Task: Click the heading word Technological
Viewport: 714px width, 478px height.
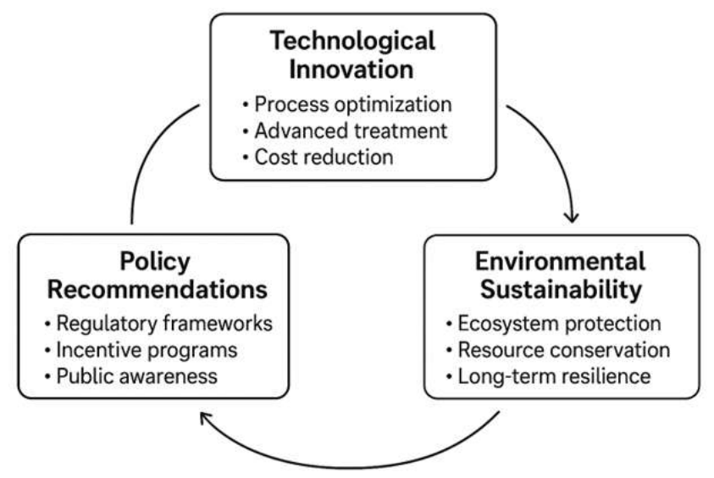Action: pyautogui.click(x=352, y=42)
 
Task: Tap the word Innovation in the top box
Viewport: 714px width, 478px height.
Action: pyautogui.click(x=351, y=69)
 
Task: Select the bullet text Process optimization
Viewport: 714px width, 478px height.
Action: pyautogui.click(x=353, y=105)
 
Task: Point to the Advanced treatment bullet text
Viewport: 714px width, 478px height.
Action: pyautogui.click(x=351, y=131)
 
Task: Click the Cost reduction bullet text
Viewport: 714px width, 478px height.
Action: pyautogui.click(x=324, y=157)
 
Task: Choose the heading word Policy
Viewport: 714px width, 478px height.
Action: pyautogui.click(x=155, y=263)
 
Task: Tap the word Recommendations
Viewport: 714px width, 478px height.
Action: pyautogui.click(x=157, y=290)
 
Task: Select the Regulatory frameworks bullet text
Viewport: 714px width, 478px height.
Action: pyautogui.click(x=164, y=324)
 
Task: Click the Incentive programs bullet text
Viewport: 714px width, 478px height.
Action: pyautogui.click(x=147, y=351)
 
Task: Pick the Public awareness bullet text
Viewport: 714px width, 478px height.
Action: pyautogui.click(x=136, y=377)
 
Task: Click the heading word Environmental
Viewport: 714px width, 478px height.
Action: pyautogui.click(x=560, y=262)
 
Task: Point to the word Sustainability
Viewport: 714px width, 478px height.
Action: pyautogui.click(x=561, y=290)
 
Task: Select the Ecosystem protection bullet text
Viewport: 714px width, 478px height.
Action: pyautogui.click(x=559, y=324)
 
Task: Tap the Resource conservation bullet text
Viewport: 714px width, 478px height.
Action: pyautogui.click(x=564, y=350)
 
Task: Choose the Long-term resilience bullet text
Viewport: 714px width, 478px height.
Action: pyautogui.click(x=554, y=377)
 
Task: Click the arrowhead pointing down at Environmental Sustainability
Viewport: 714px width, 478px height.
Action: pyautogui.click(x=572, y=218)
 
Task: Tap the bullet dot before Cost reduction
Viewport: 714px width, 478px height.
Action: pyautogui.click(x=246, y=158)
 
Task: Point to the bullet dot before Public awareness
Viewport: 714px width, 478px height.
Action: pyautogui.click(x=47, y=377)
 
